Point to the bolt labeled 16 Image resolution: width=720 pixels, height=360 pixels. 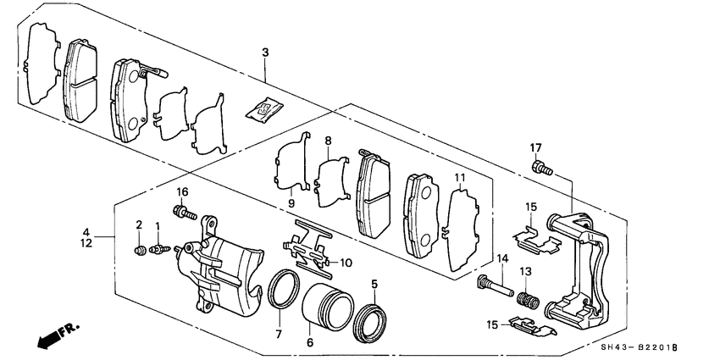pos(182,212)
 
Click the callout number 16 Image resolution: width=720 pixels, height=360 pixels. pos(182,193)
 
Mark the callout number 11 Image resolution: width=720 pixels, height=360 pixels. pos(460,178)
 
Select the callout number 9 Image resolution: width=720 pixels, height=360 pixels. pos(290,203)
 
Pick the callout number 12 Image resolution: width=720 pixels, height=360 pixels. pos(86,243)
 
